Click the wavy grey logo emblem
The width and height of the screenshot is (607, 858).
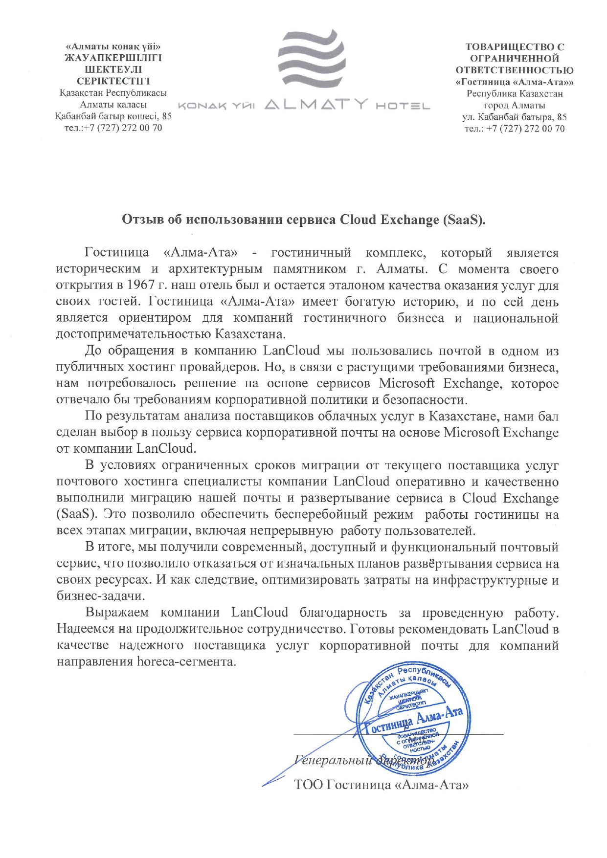[x=312, y=59]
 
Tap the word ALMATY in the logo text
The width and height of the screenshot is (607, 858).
[x=315, y=105]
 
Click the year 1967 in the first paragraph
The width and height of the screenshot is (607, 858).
[x=141, y=285]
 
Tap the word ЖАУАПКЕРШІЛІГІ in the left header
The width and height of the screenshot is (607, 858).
[x=113, y=58]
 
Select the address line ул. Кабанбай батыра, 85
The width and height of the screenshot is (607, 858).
[x=515, y=117]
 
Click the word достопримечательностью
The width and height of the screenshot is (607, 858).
[x=134, y=334]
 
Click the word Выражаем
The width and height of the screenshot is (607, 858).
[x=117, y=613]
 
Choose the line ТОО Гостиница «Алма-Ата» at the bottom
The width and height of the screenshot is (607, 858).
[x=382, y=785]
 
